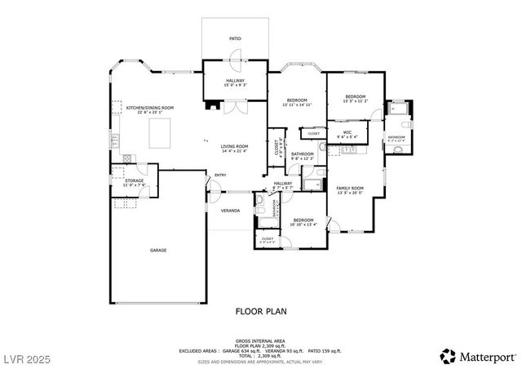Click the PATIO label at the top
tap(235, 38)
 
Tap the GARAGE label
tap(158, 250)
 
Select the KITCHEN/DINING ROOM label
tap(149, 108)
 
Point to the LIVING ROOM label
tap(234, 147)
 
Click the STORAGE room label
tap(134, 181)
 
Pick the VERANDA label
tap(230, 211)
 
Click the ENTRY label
tap(220, 176)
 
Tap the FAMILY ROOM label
tap(350, 189)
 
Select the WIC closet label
tap(347, 133)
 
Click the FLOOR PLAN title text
tap(260, 311)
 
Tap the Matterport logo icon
tap(449, 355)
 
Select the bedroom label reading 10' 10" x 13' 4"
tap(303, 223)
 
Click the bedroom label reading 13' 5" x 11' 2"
tap(355, 100)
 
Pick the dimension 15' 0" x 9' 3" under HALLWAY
tap(236, 85)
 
